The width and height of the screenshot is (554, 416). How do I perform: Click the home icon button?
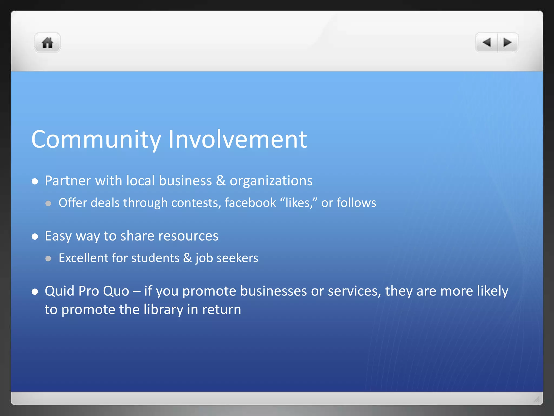47,43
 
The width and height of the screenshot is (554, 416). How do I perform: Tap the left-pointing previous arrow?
487,42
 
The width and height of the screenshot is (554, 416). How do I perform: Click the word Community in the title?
96,139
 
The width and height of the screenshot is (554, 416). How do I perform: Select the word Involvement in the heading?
238,139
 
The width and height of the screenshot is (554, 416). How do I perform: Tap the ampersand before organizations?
221,181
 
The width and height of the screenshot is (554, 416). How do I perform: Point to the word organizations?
271,181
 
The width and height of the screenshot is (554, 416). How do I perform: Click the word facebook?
250,203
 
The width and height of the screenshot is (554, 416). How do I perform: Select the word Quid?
60,291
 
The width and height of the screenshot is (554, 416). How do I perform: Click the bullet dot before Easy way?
35,236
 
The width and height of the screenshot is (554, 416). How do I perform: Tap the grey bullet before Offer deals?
48,203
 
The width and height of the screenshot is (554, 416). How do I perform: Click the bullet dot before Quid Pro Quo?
35,292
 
